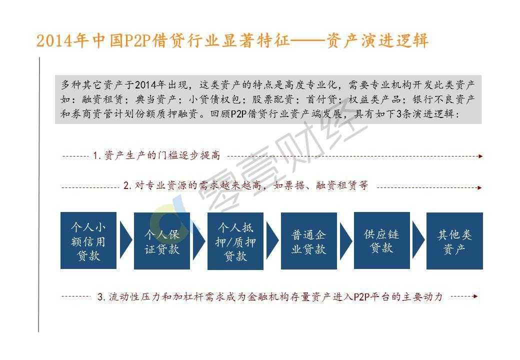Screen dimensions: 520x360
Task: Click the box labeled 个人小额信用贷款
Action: pos(88,240)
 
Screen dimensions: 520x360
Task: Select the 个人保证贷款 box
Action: pos(162,240)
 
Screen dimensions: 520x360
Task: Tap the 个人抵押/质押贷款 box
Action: pos(235,240)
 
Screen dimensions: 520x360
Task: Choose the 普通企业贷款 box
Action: pos(309,240)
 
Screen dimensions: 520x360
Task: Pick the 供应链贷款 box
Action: pos(381,240)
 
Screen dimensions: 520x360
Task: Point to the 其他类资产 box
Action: pos(454,240)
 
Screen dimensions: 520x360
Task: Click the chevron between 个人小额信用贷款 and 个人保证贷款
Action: pos(125,240)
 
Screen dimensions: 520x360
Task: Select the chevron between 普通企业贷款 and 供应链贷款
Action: pos(345,240)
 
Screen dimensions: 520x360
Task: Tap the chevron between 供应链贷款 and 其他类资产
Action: pos(418,240)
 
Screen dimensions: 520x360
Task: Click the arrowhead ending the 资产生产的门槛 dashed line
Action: pos(480,156)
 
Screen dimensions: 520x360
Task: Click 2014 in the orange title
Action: pos(54,41)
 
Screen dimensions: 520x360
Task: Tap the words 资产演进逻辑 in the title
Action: pos(377,41)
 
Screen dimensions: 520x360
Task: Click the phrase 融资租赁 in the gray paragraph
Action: pos(102,99)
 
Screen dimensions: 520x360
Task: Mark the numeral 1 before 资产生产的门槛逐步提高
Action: pos(95,155)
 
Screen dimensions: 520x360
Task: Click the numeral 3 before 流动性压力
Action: pos(100,296)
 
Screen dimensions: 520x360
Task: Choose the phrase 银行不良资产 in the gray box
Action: pos(443,99)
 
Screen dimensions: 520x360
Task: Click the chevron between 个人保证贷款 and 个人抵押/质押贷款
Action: pos(198,240)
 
